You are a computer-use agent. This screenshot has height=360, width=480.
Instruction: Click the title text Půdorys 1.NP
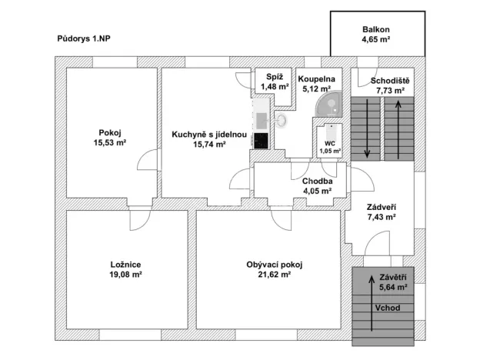click(x=88, y=37)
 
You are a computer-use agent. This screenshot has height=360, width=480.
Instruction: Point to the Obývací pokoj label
click(x=274, y=265)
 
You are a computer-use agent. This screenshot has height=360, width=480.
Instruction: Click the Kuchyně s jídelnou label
click(x=208, y=134)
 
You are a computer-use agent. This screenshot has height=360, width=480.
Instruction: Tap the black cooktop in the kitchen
click(x=261, y=141)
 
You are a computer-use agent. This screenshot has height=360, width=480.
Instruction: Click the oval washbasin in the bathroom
click(x=281, y=120)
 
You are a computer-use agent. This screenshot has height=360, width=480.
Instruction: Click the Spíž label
click(x=275, y=78)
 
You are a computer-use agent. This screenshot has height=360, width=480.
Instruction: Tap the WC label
click(x=330, y=143)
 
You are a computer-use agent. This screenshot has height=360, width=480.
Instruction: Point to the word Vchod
click(x=386, y=308)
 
